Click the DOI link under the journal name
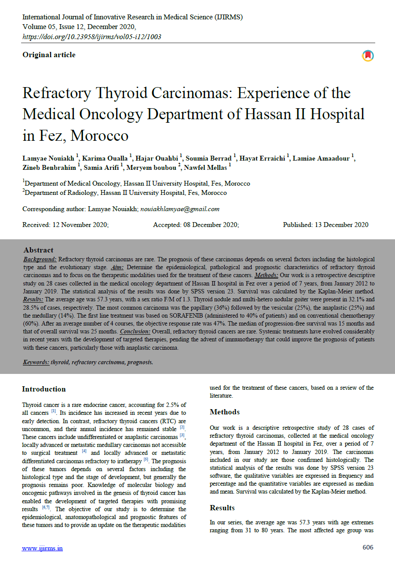coord(91,37)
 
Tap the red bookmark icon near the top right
coord(368,56)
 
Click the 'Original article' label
coord(49,55)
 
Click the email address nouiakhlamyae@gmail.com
coord(180,209)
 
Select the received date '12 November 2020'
coord(80,225)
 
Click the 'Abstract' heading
coord(39,250)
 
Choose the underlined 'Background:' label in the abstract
coord(40,260)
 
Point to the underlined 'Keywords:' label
coord(36,362)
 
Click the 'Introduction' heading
coord(44,389)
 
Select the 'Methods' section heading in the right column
coord(225,412)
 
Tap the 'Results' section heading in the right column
coord(222,508)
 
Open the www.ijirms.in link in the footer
coord(43,548)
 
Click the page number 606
coord(368,547)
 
